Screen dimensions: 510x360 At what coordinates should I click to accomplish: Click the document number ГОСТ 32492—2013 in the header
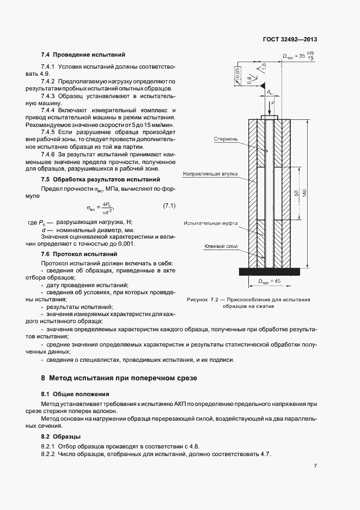click(x=289, y=39)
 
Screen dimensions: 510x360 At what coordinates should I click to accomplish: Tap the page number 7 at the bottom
click(x=315, y=466)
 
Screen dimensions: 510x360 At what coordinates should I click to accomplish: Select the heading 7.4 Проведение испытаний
click(x=83, y=55)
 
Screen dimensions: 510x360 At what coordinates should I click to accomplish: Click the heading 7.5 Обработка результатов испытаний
click(x=100, y=179)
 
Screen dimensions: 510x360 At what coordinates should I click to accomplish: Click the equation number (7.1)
click(x=169, y=205)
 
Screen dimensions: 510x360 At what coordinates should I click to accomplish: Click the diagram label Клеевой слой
click(x=221, y=247)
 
